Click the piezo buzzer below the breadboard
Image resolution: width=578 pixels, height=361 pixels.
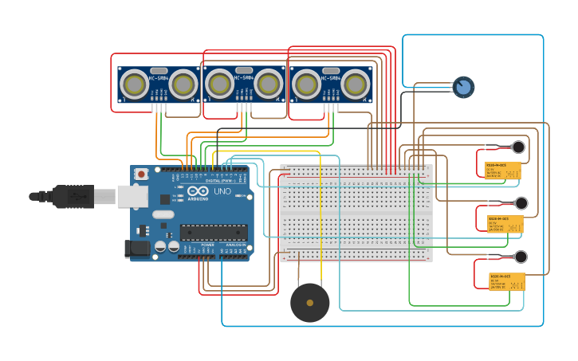310,303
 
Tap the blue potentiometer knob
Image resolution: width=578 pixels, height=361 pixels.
463,87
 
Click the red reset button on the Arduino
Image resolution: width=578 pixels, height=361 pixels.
141,174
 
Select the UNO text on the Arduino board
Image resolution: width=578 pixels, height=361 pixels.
221,191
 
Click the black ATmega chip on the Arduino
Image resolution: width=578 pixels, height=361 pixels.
213,233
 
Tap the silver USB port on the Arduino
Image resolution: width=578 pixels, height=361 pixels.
132,196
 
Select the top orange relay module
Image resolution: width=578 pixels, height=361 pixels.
502,170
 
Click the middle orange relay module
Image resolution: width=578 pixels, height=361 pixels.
505,224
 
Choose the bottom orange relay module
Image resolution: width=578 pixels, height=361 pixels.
506,281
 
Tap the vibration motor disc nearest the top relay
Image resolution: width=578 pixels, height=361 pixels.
518,147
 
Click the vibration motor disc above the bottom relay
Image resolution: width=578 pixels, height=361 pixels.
521,257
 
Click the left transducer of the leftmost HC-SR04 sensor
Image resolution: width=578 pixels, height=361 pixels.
134,84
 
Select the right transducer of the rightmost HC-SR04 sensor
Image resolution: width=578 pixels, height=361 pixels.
356,84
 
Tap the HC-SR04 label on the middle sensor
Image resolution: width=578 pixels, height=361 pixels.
244,78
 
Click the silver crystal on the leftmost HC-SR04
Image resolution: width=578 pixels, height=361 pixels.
159,71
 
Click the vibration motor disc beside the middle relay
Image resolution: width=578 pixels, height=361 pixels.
521,203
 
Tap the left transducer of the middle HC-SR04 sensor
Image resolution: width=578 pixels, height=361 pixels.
219,84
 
